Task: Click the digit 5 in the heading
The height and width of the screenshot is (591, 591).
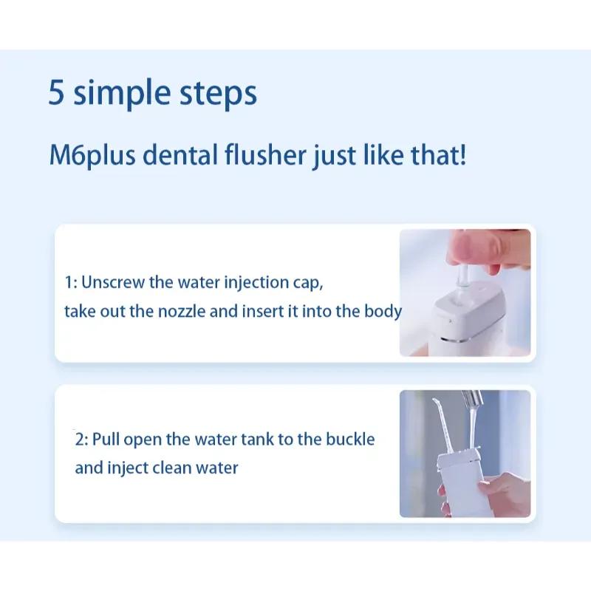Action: (56, 92)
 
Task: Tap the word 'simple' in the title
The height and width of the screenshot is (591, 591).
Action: (122, 93)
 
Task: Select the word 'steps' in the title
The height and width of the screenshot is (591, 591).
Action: (218, 95)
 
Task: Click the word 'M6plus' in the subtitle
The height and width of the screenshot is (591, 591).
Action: (92, 155)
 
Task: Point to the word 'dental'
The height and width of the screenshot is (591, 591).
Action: (180, 154)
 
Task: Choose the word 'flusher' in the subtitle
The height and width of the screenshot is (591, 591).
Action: (265, 154)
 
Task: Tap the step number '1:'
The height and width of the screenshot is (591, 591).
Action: (71, 282)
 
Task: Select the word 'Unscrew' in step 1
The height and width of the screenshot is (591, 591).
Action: (113, 282)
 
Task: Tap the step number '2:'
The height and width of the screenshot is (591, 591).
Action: (81, 440)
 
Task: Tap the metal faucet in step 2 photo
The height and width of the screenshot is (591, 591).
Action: (472, 400)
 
